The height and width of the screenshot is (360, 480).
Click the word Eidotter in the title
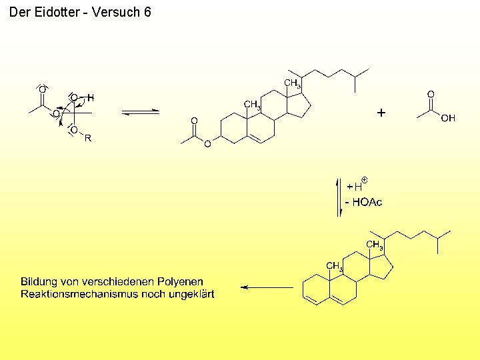pos(55,12)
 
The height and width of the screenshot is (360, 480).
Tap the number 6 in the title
pos(147,12)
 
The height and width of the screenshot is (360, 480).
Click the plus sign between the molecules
pos(381,113)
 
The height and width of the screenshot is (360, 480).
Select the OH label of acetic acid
pos(448,118)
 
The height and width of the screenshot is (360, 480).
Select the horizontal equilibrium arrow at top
pos(140,112)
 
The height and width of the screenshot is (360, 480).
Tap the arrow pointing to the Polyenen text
pos(267,287)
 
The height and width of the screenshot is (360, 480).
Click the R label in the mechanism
pos(87,138)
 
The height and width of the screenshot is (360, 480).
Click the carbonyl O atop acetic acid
pos(431,95)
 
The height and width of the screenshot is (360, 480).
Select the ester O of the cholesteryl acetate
pos(207,143)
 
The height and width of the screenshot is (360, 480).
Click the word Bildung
pos(39,282)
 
